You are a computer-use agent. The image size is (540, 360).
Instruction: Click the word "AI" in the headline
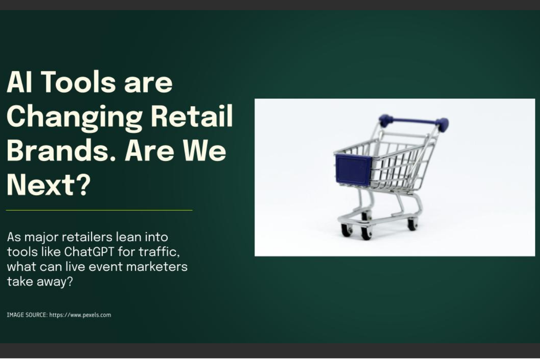point(20,82)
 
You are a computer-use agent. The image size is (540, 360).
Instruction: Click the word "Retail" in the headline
point(191,116)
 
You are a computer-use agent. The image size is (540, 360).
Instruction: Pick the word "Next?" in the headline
point(48,185)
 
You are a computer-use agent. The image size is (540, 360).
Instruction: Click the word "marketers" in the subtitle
point(157,266)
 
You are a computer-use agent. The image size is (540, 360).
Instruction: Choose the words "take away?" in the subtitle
point(40,282)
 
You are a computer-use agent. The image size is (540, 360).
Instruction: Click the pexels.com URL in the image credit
point(80,315)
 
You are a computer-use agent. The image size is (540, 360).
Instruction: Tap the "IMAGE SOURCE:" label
point(27,315)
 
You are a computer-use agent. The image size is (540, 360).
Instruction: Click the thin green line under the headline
point(99,210)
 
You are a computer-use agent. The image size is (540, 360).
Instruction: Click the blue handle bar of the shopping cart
point(414,122)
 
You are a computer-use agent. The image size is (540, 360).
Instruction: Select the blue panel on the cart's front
point(353,169)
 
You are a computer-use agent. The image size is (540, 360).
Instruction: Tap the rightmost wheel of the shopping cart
point(412,225)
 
